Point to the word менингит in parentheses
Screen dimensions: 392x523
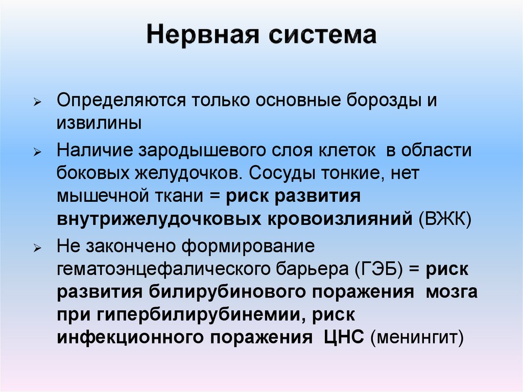point(417,338)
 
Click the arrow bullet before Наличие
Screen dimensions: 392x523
point(44,152)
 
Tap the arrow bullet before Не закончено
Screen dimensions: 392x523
point(44,248)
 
